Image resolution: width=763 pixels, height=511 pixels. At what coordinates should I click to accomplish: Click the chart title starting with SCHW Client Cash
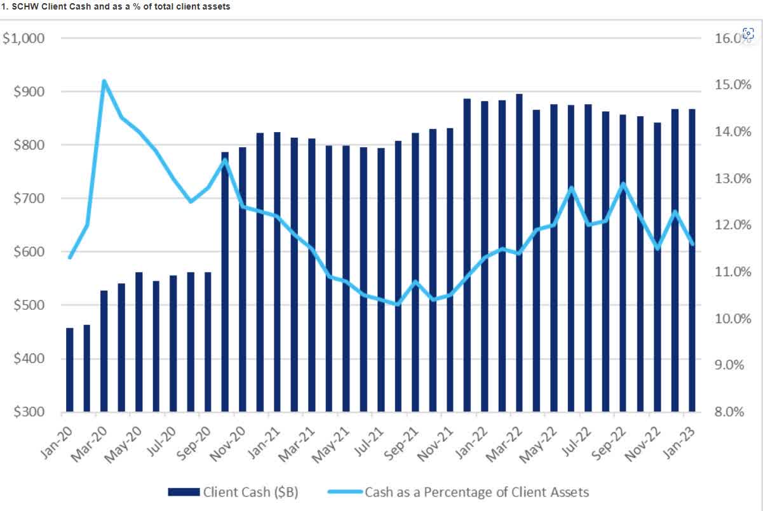[x=116, y=6]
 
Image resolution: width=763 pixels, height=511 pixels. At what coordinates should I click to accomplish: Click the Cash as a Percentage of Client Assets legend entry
[x=457, y=492]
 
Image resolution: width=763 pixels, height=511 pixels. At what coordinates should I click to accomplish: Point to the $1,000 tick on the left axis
[x=24, y=38]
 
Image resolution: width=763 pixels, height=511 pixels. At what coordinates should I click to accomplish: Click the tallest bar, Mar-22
[x=519, y=254]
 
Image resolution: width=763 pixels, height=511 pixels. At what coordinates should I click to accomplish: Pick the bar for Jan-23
[x=692, y=260]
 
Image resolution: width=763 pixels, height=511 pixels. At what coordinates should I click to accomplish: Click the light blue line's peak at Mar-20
[x=104, y=81]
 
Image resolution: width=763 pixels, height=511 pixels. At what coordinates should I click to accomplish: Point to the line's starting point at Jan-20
[x=70, y=258]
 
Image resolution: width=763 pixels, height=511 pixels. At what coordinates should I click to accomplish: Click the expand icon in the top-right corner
[x=748, y=34]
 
